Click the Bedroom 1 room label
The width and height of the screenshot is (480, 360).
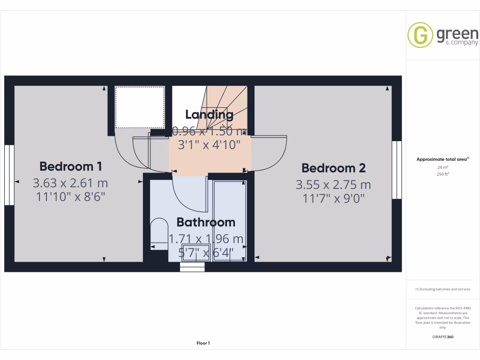pos(71,166)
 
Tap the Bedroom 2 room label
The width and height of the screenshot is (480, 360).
pos(333,168)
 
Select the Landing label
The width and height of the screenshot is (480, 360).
pos(209,114)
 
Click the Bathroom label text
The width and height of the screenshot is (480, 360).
pos(206,222)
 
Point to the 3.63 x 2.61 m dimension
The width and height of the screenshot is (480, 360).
pos(70,182)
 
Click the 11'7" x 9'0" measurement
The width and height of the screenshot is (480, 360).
pos(333,198)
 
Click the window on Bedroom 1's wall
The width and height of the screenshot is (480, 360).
pos(9,175)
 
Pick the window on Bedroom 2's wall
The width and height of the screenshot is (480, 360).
pos(397,170)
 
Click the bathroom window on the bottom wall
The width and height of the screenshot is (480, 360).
pos(192,267)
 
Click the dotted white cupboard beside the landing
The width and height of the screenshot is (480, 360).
pos(140,107)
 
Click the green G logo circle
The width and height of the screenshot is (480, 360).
pos(420,35)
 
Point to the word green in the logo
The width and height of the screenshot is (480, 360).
pos(457,34)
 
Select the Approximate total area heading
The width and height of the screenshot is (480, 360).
pos(442,159)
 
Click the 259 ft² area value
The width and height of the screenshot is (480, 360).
pos(442,174)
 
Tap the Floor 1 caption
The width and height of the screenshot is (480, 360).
pos(203,343)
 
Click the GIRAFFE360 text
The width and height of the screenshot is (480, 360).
pos(443,337)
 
